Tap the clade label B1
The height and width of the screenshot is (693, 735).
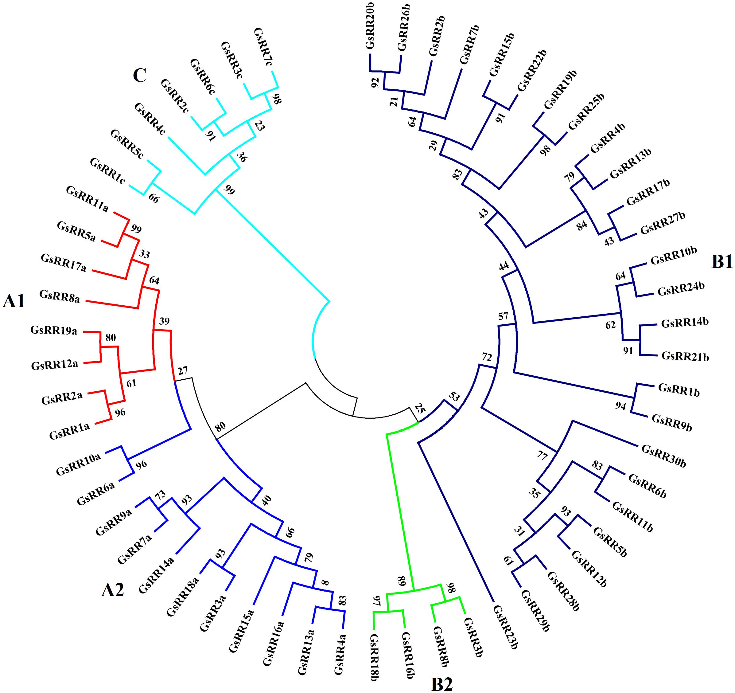pyautogui.click(x=722, y=262)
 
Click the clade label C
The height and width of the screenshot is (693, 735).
pyautogui.click(x=140, y=76)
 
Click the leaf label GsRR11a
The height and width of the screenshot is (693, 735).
pyautogui.click(x=87, y=199)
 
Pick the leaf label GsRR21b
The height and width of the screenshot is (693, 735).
pyautogui.click(x=685, y=357)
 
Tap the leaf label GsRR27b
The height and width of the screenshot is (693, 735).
pyautogui.click(x=663, y=223)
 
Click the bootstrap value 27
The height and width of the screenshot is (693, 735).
pyautogui.click(x=183, y=370)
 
